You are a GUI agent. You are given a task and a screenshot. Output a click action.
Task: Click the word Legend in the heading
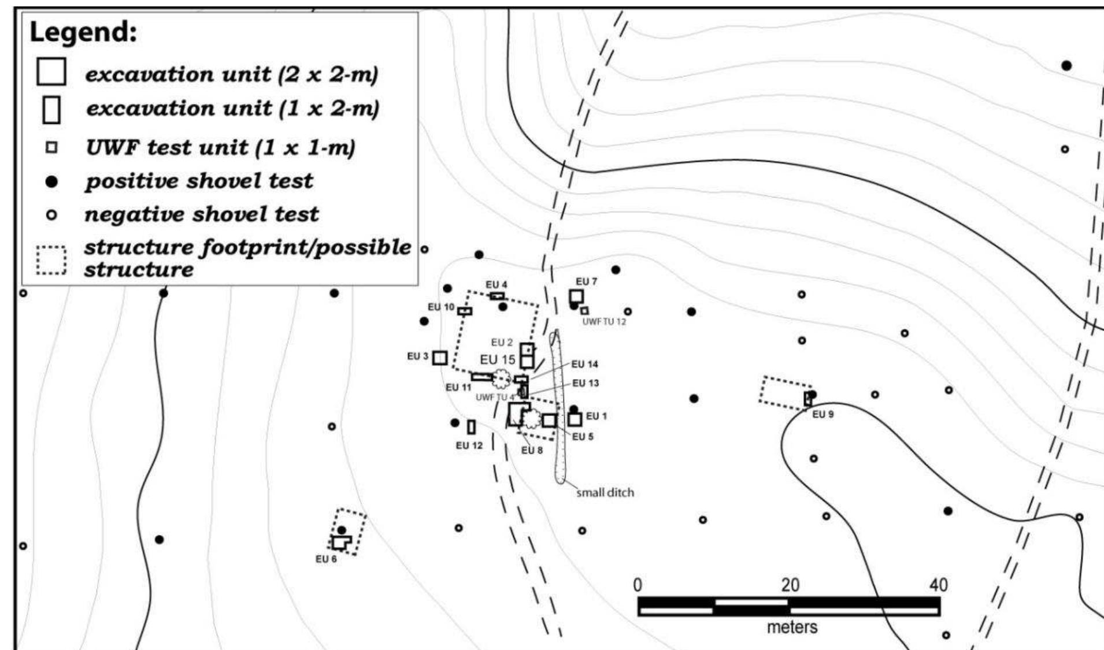coord(83,32)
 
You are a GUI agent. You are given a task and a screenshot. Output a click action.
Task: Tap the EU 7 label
coord(586,281)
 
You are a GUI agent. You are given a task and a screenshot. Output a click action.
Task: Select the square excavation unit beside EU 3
coord(440,358)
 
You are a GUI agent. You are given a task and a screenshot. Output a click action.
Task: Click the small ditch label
coord(605,493)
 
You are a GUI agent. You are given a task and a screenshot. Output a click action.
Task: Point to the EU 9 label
coord(823,414)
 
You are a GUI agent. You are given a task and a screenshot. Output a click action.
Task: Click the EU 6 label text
coord(326,559)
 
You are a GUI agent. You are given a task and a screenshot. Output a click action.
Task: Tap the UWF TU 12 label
coord(603,322)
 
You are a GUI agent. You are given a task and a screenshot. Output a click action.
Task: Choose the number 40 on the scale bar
coord(938,585)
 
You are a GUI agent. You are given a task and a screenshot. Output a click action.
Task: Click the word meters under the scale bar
coord(792,627)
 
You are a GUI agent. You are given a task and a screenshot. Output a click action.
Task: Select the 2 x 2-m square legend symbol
coord(51,72)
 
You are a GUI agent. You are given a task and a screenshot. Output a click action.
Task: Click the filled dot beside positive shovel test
coord(51,182)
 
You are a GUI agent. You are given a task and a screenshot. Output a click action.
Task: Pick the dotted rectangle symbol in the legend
coord(51,261)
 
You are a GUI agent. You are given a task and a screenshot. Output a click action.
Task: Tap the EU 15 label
coord(497,359)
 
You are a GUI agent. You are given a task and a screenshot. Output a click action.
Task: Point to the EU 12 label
coord(469,445)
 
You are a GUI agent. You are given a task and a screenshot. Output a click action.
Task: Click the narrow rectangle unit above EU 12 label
coord(472,427)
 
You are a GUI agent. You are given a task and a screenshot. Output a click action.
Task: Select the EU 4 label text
coord(496,285)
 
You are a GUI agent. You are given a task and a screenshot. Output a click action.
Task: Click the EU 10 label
coord(441,307)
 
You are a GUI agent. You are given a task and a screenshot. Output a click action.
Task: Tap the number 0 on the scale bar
coord(637,585)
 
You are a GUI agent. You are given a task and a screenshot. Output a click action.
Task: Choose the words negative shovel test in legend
coord(201,214)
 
